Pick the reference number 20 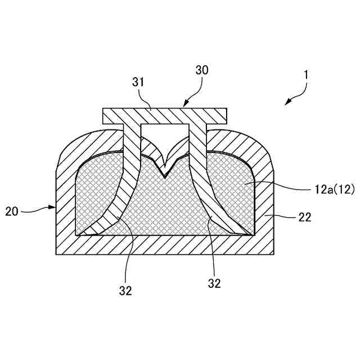click(12, 211)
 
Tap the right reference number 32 click(214, 283)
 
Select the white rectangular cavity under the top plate click(165, 135)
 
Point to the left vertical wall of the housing click(64, 208)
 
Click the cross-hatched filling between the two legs click(166, 208)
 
